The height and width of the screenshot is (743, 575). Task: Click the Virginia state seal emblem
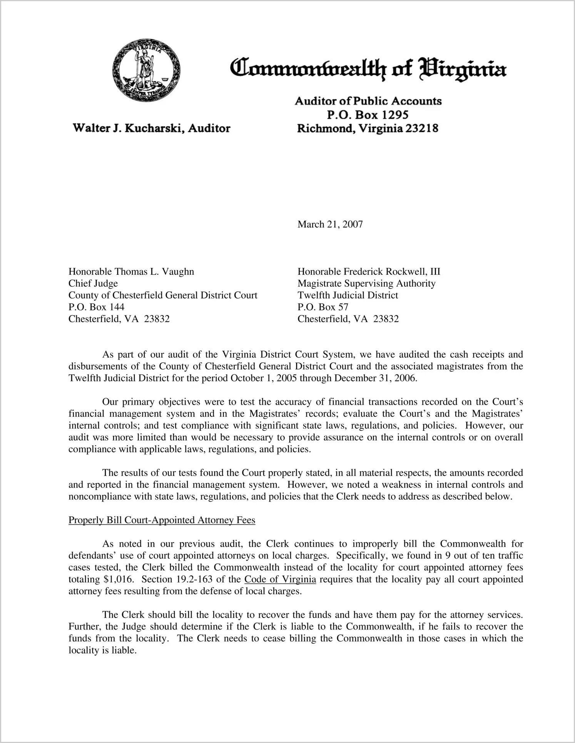tap(146, 70)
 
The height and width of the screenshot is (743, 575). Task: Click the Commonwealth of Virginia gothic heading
tap(368, 69)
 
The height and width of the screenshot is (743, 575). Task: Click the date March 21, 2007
tap(330, 224)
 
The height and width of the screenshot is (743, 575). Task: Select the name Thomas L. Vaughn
tap(154, 272)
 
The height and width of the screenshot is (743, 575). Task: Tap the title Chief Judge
tap(93, 284)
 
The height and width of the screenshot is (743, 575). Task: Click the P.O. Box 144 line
tap(96, 307)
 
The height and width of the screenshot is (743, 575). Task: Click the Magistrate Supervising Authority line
tap(366, 284)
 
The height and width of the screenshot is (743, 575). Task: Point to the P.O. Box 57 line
tap(323, 307)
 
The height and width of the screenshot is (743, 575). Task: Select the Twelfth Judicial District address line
tap(348, 295)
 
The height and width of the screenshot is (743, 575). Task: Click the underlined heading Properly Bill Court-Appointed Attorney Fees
tap(162, 520)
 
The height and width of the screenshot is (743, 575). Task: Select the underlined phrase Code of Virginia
tap(280, 579)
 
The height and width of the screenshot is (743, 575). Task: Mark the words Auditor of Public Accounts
tap(368, 101)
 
